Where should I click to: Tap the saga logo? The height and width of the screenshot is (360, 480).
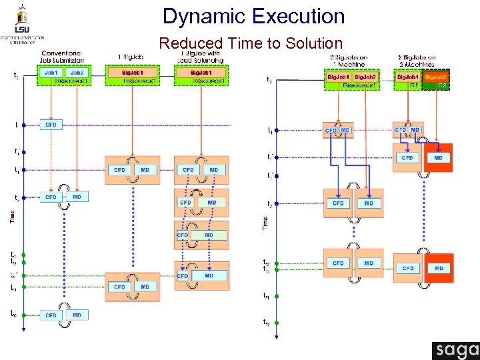click(x=455, y=351)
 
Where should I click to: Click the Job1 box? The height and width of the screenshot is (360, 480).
click(x=51, y=72)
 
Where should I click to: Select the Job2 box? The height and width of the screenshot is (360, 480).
click(x=77, y=72)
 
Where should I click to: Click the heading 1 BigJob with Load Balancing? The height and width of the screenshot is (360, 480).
click(x=201, y=57)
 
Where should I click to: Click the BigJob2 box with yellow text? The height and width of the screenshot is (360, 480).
click(x=437, y=77)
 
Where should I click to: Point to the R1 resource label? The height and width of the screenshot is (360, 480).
click(x=413, y=85)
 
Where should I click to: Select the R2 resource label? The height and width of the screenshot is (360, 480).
click(x=441, y=85)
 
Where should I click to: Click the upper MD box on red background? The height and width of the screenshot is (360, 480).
click(x=438, y=158)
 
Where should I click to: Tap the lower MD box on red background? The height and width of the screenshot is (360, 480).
click(x=438, y=268)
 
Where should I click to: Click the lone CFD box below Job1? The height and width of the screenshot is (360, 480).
click(x=51, y=125)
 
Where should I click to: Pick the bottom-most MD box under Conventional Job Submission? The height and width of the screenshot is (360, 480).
click(x=77, y=315)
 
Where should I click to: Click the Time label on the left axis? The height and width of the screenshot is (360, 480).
click(x=11, y=216)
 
